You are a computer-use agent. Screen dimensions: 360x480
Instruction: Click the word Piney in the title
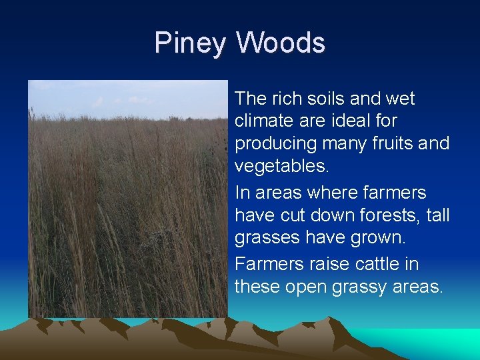(190, 43)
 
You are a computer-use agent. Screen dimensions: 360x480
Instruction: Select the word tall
(437, 216)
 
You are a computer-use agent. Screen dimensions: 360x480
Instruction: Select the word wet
(401, 99)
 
